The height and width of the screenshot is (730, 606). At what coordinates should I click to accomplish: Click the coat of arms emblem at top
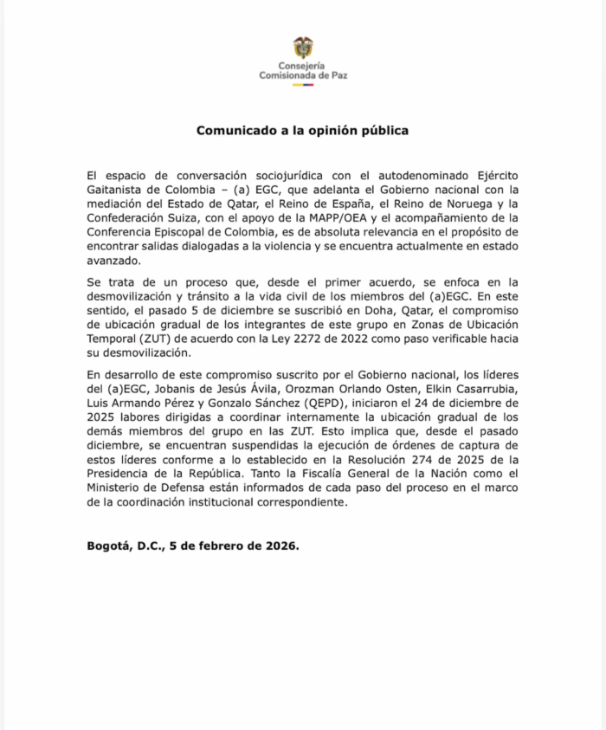[303, 48]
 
